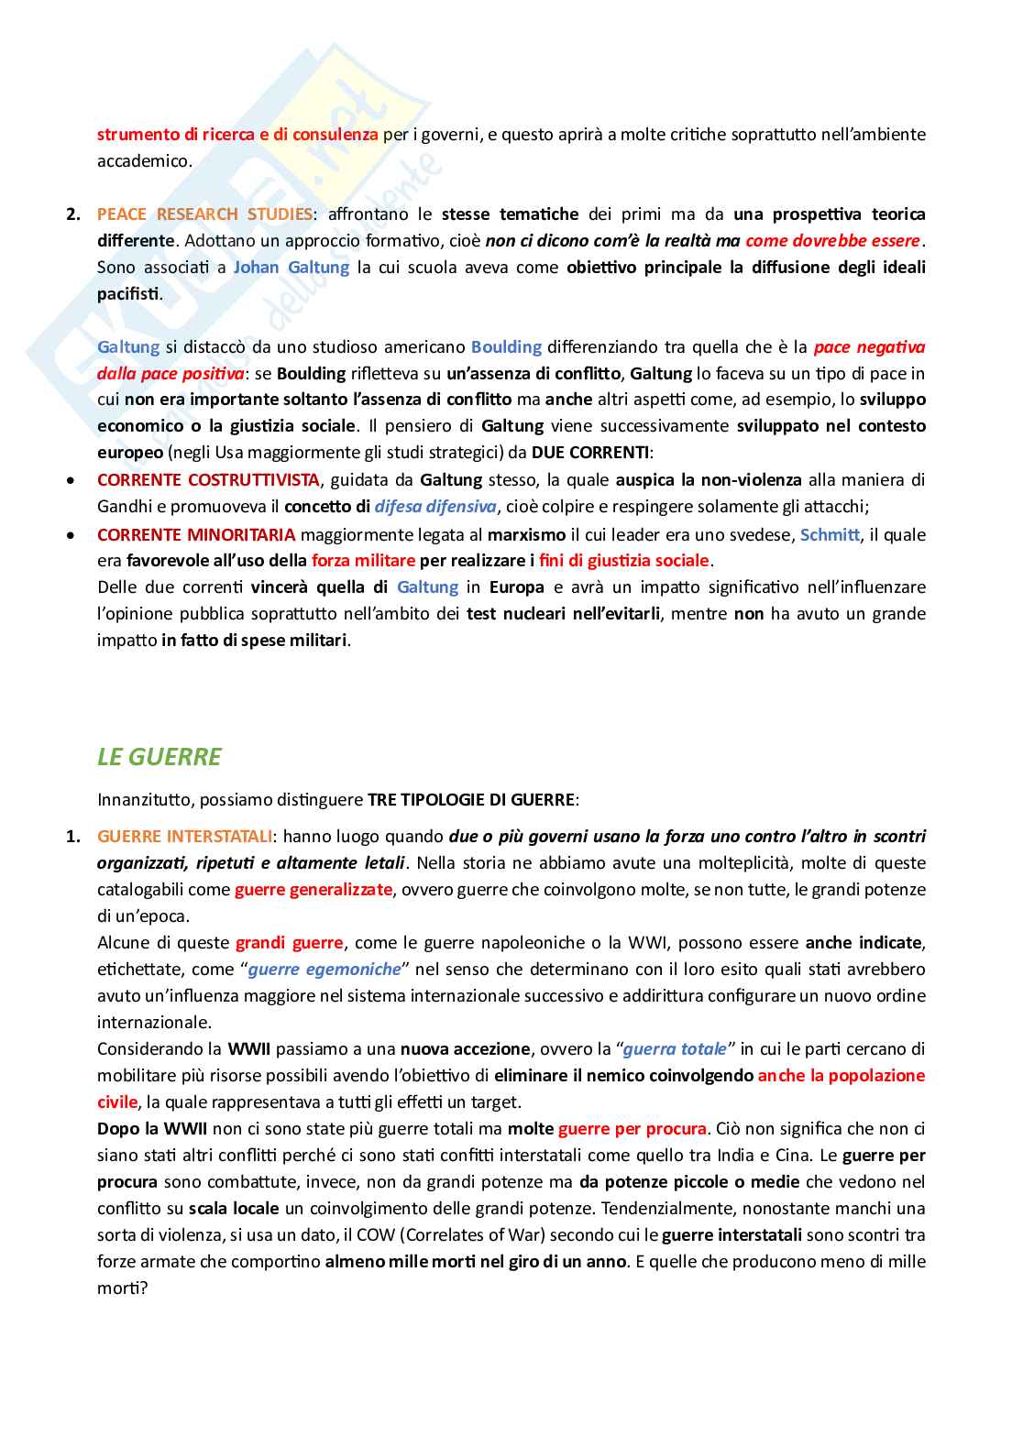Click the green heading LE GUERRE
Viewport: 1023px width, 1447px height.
click(x=159, y=757)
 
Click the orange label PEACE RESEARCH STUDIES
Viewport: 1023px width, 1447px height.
click(x=204, y=214)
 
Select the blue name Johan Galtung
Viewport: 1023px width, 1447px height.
click(x=291, y=268)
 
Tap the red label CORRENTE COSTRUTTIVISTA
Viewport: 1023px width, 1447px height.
click(x=208, y=480)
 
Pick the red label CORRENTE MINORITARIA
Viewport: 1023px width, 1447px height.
click(x=196, y=534)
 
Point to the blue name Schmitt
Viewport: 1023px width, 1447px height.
click(x=830, y=534)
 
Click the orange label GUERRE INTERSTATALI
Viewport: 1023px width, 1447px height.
click(x=185, y=837)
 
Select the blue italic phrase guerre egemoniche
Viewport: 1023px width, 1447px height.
click(x=324, y=970)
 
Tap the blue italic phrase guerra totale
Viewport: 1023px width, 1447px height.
click(x=676, y=1049)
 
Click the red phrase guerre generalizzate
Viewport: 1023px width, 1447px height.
click(x=313, y=890)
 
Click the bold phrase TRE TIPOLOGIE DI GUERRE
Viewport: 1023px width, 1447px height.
click(x=471, y=800)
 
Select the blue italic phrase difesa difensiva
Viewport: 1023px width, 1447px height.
click(x=435, y=507)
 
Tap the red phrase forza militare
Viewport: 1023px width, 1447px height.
click(x=363, y=561)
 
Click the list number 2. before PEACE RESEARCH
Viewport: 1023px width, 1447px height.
click(x=73, y=214)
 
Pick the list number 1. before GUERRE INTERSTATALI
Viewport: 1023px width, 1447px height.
click(x=73, y=837)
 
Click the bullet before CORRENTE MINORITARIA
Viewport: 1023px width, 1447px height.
click(x=71, y=534)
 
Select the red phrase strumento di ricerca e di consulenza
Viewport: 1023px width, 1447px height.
click(x=237, y=135)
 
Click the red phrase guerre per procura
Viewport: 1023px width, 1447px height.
click(x=632, y=1129)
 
